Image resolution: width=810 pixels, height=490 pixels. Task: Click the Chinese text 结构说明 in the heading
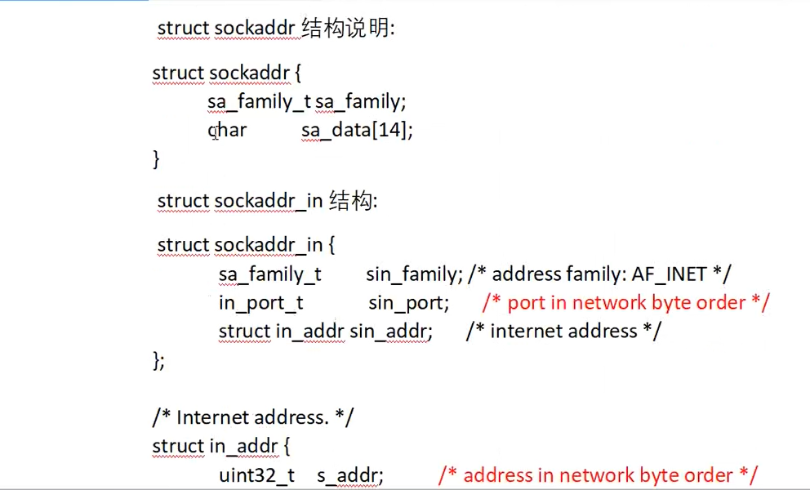coord(346,29)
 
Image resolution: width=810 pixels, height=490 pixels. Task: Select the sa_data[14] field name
coord(357,130)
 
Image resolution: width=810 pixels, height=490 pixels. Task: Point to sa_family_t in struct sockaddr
coord(260,101)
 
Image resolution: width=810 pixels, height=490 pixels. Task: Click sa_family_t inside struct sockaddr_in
coord(270,274)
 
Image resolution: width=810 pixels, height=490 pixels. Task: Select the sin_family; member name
coord(415,274)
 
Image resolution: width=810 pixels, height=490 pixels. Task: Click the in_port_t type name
coord(260,303)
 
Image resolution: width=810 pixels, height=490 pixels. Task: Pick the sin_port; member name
coord(408,303)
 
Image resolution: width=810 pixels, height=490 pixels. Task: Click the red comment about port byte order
coord(625,303)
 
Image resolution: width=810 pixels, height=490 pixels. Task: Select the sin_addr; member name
coord(390,332)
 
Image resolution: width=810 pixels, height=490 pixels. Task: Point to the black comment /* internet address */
coord(563,332)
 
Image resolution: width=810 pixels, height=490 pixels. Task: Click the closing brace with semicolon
coord(158,360)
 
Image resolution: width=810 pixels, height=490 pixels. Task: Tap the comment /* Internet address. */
coord(253,417)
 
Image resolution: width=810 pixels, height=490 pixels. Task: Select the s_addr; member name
coord(350,475)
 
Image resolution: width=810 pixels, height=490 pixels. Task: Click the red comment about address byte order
coord(598,475)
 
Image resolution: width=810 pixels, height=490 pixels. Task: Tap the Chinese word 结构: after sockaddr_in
coord(353,201)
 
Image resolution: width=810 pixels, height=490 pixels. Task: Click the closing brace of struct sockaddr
coord(156,159)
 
